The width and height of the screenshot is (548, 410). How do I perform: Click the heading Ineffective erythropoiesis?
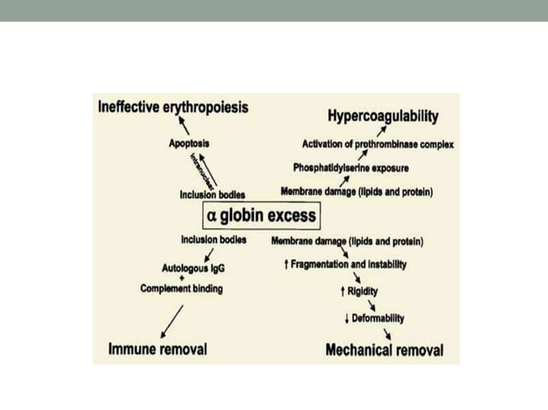click(174, 108)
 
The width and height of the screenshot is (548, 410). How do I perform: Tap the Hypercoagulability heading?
click(383, 116)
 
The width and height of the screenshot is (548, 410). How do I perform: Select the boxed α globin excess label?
click(260, 214)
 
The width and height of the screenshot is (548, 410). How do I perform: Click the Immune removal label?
click(157, 349)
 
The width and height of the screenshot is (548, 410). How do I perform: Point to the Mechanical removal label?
click(384, 350)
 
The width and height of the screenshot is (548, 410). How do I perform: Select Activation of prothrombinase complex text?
click(378, 143)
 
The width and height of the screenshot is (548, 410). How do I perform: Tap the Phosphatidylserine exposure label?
click(350, 167)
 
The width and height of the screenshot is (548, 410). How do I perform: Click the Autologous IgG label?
click(193, 267)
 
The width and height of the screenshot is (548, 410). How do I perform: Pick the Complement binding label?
click(181, 289)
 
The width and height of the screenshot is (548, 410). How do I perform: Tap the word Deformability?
click(374, 318)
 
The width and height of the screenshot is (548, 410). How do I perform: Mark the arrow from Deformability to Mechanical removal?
click(389, 333)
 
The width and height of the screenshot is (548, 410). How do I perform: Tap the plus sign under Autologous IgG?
click(182, 278)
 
